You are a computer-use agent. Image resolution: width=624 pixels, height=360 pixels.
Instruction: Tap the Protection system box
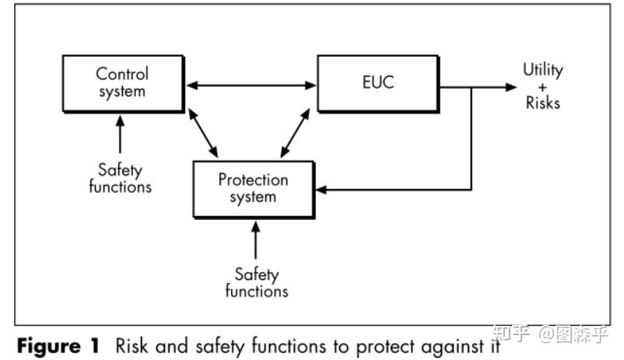[254, 188]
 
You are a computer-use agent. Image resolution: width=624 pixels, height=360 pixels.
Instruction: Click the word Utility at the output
[542, 70]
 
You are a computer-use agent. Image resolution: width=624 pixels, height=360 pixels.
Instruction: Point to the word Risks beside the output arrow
[542, 103]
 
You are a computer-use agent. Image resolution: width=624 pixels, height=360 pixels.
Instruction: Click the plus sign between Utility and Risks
[542, 86]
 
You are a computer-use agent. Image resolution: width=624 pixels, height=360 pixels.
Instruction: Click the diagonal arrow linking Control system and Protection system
[205, 133]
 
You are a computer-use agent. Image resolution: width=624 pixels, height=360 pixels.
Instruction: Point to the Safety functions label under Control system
[121, 177]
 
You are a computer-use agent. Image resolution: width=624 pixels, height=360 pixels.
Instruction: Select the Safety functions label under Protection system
[257, 283]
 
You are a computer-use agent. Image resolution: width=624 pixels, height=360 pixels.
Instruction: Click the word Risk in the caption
[130, 344]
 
